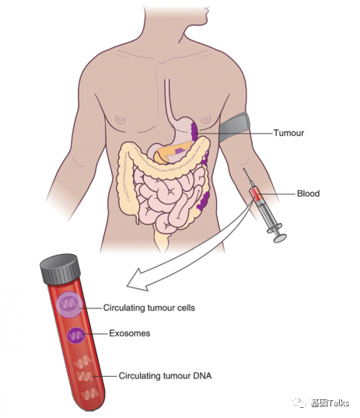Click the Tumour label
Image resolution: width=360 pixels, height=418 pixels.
click(288, 133)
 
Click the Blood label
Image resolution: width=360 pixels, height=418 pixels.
click(308, 193)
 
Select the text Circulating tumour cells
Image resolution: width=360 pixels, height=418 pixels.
click(149, 308)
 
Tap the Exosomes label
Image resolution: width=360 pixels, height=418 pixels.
click(130, 333)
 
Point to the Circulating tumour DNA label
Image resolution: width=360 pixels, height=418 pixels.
click(165, 376)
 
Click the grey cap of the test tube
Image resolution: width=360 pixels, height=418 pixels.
click(61, 270)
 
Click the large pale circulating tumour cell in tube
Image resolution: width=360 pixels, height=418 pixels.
click(69, 305)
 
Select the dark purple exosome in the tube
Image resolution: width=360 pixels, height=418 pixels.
click(76, 336)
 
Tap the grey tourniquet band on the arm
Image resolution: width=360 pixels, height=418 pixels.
click(235, 127)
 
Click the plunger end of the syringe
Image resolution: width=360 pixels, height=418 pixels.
click(280, 238)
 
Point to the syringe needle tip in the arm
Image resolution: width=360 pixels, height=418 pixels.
click(243, 169)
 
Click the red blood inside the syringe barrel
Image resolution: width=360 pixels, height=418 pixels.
click(256, 193)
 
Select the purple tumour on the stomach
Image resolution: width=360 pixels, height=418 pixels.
click(194, 131)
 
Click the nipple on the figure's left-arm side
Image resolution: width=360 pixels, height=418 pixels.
click(206, 119)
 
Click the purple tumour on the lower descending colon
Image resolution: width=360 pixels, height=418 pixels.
click(204, 200)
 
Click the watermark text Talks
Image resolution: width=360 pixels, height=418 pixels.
click(338, 402)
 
